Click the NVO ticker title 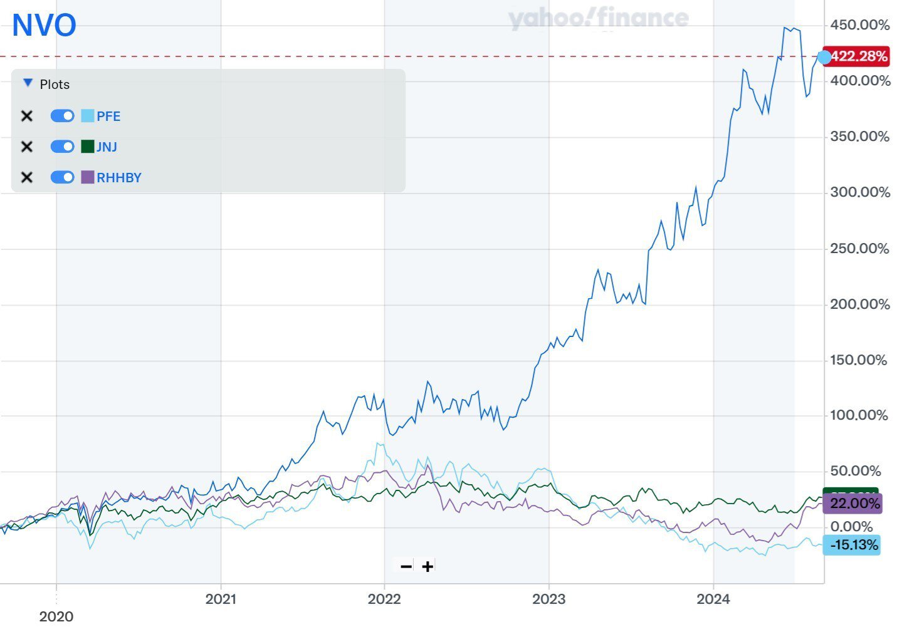(x=44, y=26)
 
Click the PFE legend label (x=108, y=116)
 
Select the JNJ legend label (x=107, y=147)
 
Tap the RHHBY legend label (x=119, y=177)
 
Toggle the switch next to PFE (x=62, y=116)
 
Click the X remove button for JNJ (x=26, y=147)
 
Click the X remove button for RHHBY (x=26, y=177)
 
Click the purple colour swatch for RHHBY (x=87, y=177)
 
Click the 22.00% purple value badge (x=854, y=503)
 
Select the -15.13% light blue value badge (x=854, y=544)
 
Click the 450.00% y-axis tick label (x=859, y=25)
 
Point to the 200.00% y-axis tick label (x=859, y=304)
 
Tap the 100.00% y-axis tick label (x=859, y=415)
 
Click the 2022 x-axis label (x=384, y=599)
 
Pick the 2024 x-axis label (x=713, y=599)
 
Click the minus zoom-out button (x=406, y=566)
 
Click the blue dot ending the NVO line (x=824, y=57)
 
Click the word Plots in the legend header (x=55, y=85)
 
